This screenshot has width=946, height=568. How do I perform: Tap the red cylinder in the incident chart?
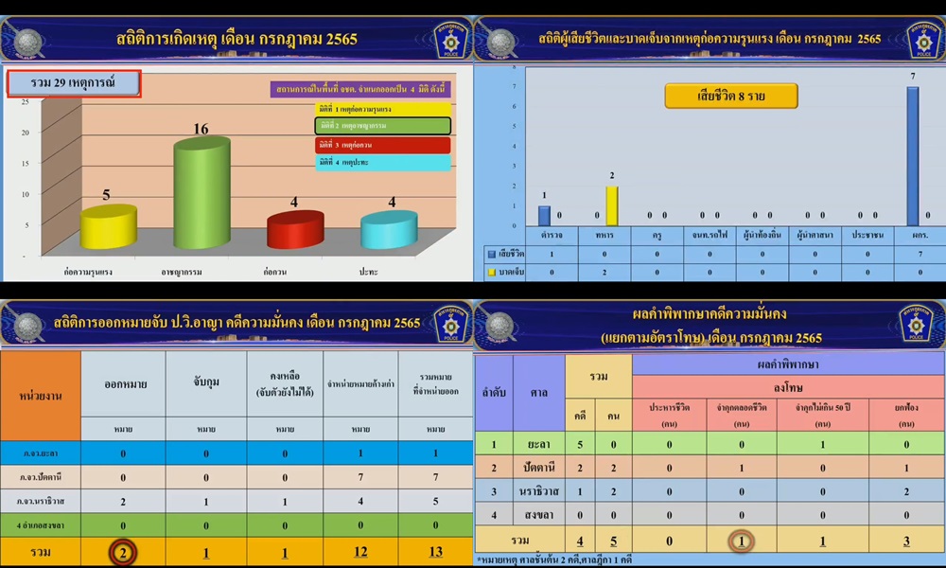(294, 230)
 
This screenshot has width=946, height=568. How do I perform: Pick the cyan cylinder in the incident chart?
(388, 230)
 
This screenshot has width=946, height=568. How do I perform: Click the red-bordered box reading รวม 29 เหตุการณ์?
(75, 84)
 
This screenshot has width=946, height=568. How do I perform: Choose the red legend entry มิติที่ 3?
(382, 144)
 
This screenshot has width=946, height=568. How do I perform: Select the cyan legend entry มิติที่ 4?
(382, 163)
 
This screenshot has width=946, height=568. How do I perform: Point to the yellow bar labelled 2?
(611, 205)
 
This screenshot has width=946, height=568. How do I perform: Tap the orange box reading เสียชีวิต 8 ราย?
(730, 96)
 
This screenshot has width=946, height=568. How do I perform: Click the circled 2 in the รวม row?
(122, 552)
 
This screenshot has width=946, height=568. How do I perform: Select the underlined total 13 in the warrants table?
(434, 552)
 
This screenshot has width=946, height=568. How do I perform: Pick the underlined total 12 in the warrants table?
(360, 552)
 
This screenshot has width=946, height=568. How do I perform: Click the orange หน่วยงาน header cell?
(41, 395)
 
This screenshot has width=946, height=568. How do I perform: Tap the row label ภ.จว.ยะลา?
(41, 453)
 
